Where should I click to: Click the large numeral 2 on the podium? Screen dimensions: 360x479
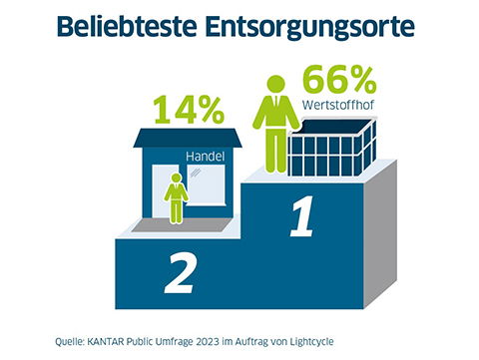pyautogui.click(x=180, y=272)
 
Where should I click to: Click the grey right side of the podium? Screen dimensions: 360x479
pyautogui.click(x=389, y=249)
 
